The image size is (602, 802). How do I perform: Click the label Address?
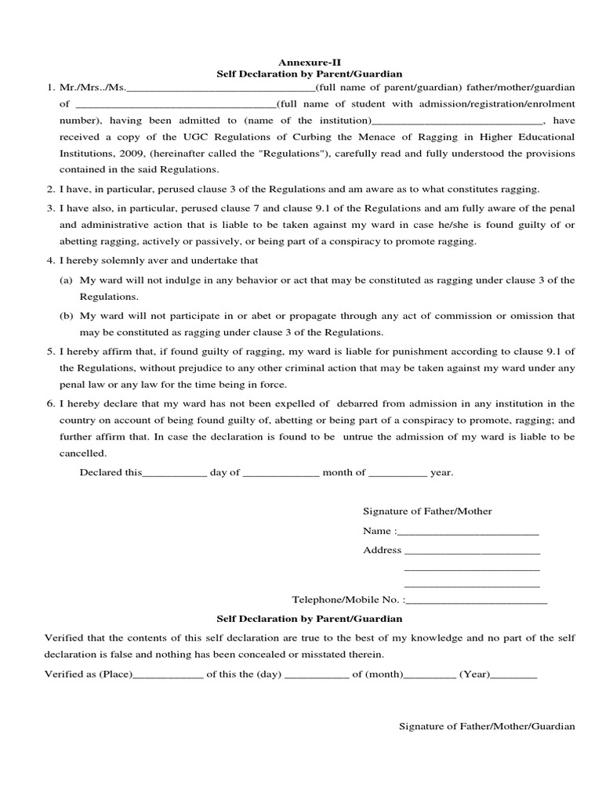[382, 550]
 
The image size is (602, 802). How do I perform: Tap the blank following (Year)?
[513, 675]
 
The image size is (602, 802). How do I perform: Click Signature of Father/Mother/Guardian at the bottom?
[488, 726]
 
